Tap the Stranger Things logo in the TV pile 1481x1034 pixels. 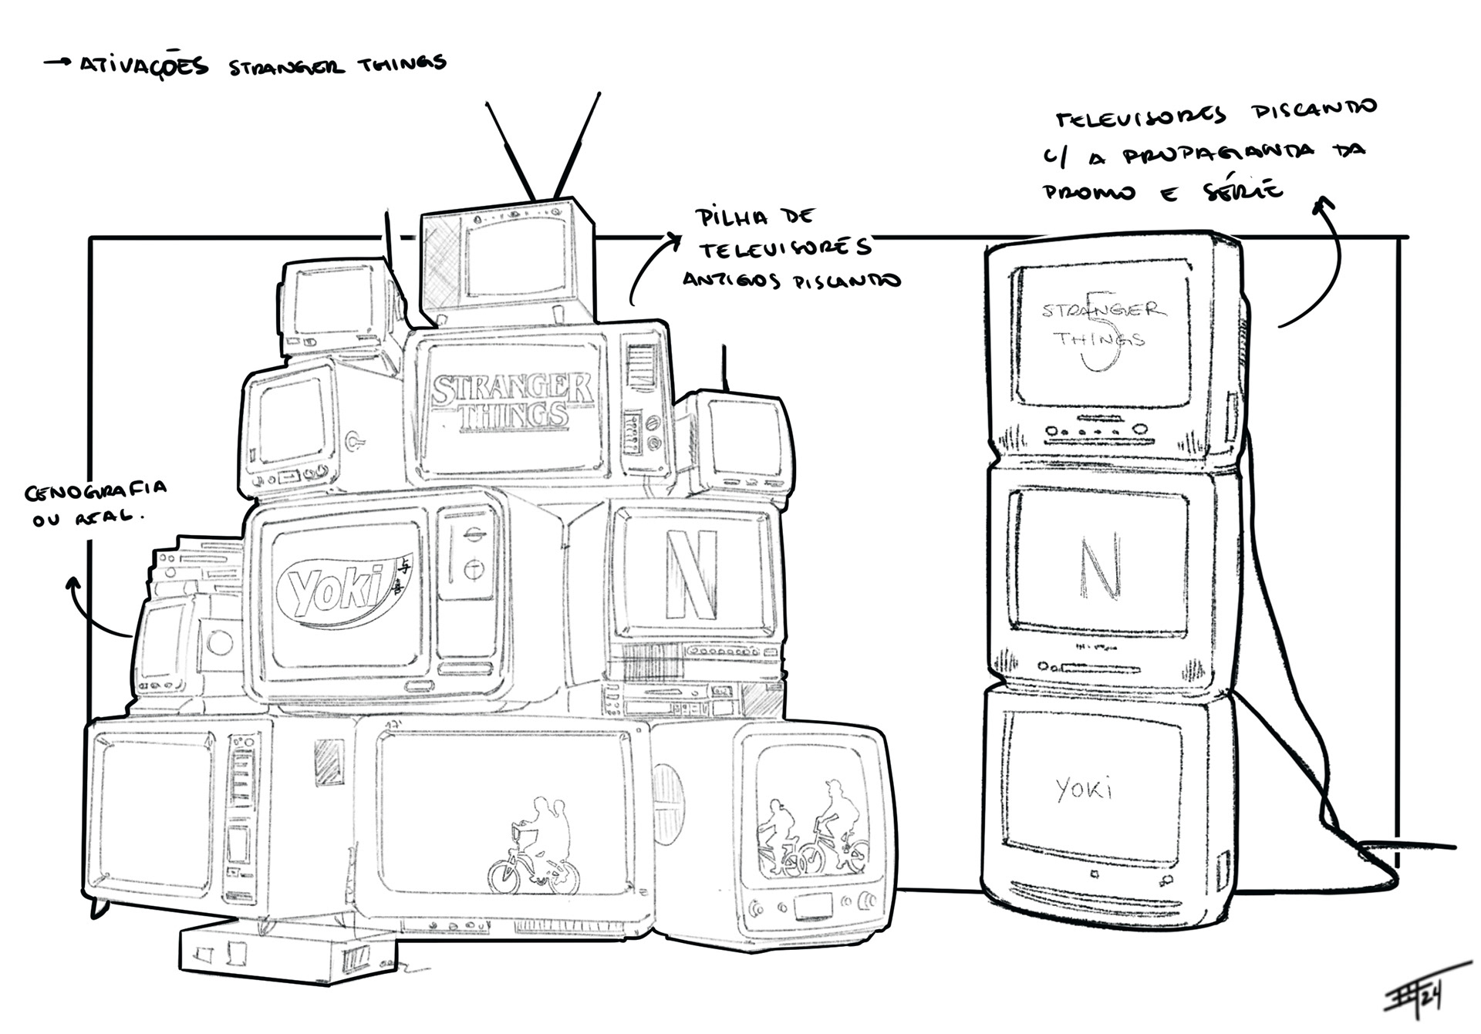coord(512,401)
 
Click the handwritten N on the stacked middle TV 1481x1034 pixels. coord(1099,568)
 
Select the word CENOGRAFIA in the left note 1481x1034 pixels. coord(96,490)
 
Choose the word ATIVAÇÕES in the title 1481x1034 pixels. coord(144,65)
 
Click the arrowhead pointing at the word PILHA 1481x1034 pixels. coord(676,238)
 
